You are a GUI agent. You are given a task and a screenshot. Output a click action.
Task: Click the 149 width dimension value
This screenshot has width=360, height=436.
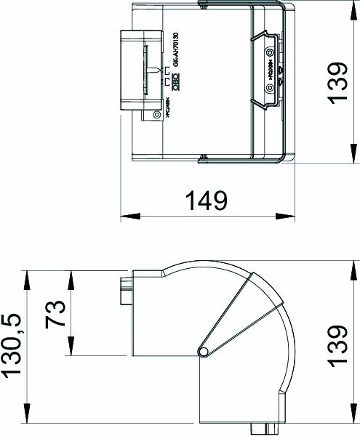(204, 200)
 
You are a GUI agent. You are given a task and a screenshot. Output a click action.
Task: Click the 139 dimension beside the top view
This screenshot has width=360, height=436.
(336, 83)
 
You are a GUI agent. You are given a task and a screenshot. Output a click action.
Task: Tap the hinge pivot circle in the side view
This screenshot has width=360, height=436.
(204, 353)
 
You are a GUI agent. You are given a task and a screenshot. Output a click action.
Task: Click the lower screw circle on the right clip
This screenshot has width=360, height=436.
(271, 88)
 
